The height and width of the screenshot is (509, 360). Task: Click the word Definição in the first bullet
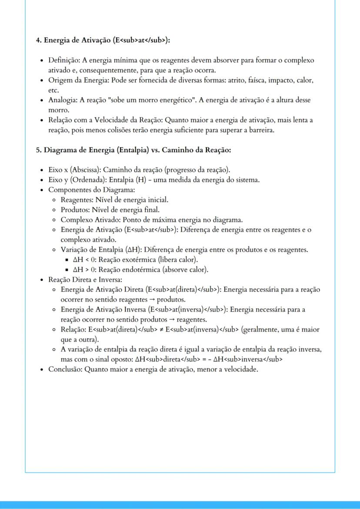(63, 60)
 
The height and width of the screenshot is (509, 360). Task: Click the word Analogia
(62, 100)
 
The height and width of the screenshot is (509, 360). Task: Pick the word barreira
(261, 130)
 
